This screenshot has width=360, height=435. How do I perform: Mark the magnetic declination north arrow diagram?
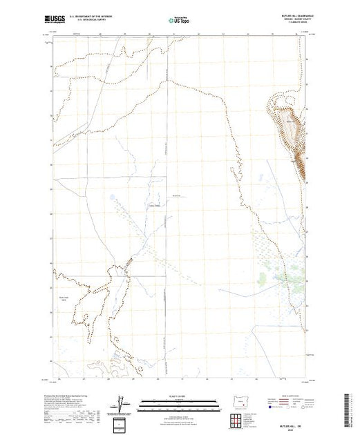[x=123, y=403]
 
